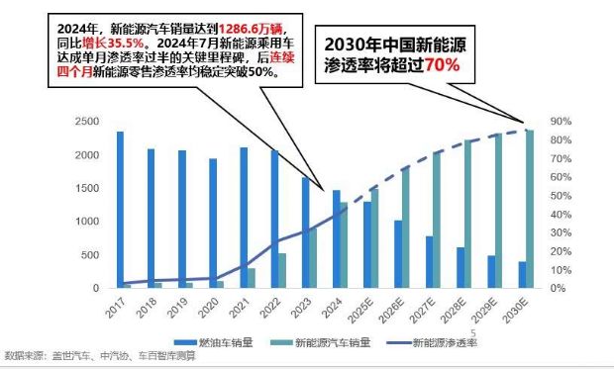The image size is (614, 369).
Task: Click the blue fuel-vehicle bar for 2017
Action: [x=120, y=210]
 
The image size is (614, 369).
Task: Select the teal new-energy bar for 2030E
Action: [x=530, y=209]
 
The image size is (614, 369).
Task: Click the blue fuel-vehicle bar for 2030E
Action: [x=522, y=274]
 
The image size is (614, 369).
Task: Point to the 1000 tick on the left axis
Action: [x=87, y=222]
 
